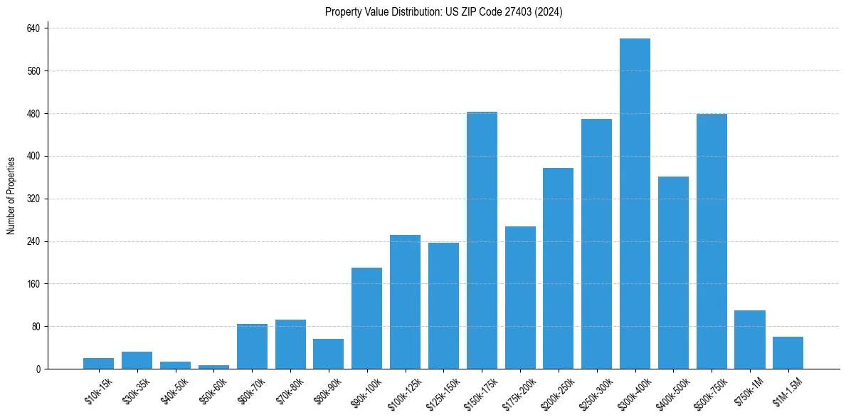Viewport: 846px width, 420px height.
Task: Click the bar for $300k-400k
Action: (635, 204)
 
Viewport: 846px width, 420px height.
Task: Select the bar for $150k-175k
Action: (482, 241)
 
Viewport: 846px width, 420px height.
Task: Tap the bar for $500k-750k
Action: (712, 241)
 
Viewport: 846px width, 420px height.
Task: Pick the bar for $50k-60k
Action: (213, 367)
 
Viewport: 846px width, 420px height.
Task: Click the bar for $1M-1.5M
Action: (788, 353)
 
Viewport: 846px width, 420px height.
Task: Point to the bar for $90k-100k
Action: (366, 318)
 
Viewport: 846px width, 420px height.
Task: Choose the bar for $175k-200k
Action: (520, 298)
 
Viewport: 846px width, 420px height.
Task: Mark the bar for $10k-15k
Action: (98, 364)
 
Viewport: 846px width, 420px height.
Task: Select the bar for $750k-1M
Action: (750, 340)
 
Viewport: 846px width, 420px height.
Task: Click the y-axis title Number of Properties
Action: (11, 196)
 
